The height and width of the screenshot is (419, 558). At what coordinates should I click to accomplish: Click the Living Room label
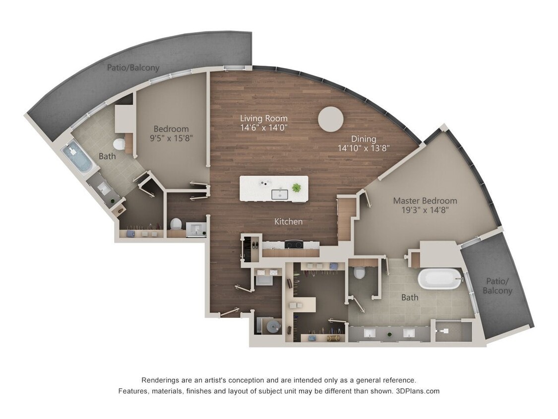coord(263,119)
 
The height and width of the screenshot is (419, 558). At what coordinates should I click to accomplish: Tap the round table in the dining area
coord(330,119)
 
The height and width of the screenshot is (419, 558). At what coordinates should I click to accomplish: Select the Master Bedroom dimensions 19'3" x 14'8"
coord(425,210)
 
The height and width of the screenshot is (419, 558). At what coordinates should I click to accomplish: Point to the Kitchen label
coord(289,221)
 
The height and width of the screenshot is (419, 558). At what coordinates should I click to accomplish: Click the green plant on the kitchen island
coord(297,188)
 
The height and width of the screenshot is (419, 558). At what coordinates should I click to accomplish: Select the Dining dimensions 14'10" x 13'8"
coord(364,148)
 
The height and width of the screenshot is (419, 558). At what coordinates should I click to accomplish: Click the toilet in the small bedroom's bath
coord(119,144)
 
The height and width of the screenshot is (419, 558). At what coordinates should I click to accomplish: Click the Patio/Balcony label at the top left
coord(133,67)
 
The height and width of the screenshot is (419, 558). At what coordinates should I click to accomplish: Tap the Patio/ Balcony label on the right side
coord(497,286)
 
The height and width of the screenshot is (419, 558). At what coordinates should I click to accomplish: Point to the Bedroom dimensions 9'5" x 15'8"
coord(171,138)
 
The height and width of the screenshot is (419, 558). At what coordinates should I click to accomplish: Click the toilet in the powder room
coord(176,224)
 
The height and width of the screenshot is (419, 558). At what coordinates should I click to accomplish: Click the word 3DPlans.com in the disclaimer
coord(418,391)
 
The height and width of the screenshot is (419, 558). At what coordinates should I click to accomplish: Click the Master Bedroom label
coord(425,201)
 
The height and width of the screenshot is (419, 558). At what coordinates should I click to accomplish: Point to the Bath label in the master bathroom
coord(410,297)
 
